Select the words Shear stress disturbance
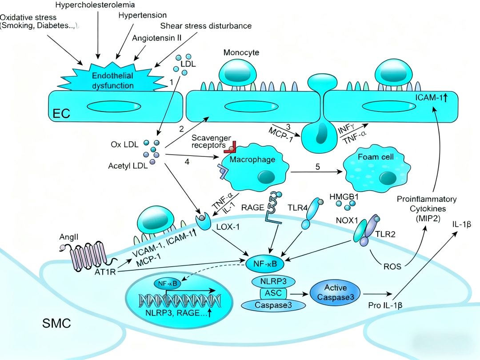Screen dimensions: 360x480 pos(206,26)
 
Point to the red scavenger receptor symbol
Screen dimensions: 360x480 pos(233,146)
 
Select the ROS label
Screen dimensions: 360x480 pos(392,267)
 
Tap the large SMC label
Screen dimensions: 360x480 pos(56,323)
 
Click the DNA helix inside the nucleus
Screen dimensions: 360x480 pos(180,301)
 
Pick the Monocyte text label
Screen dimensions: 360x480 pos(241,53)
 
